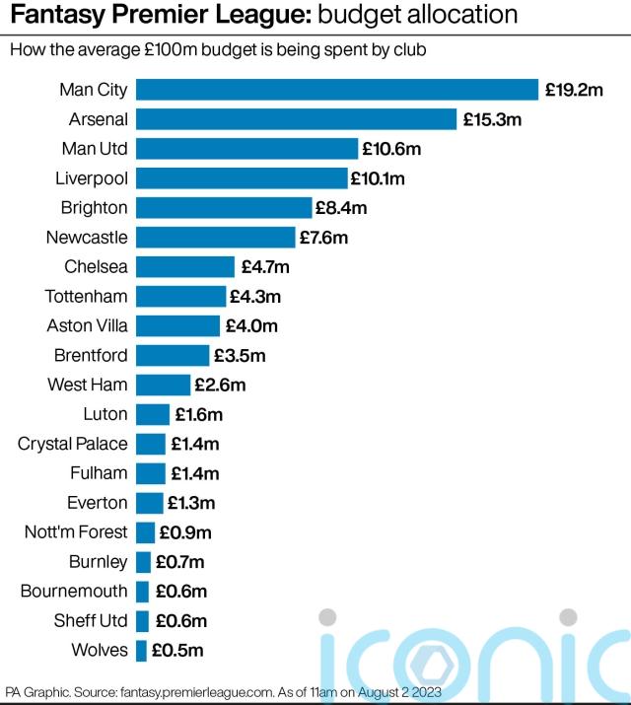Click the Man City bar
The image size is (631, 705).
tap(336, 90)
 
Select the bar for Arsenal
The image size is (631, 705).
tap(296, 119)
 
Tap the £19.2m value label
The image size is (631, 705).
tap(573, 90)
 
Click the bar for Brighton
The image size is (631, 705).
tap(224, 208)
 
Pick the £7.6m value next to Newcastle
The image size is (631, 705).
tap(324, 238)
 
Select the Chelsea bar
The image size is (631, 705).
tap(185, 266)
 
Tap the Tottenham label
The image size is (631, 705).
tap(87, 296)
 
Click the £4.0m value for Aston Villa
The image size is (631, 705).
tap(250, 325)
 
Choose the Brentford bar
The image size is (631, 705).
tap(173, 355)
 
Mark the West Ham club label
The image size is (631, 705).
tap(88, 385)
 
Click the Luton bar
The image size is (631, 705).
tap(153, 414)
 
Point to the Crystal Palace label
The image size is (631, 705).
tap(73, 444)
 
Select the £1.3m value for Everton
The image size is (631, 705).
tap(191, 503)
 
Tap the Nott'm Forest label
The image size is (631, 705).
tap(76, 532)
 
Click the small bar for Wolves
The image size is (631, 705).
tap(141, 650)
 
